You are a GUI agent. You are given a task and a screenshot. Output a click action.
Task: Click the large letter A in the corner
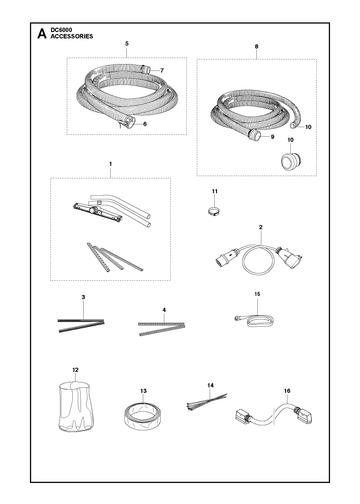(42, 33)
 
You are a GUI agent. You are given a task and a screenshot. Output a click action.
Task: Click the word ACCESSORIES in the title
(72, 36)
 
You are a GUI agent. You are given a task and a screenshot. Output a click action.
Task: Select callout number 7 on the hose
(162, 70)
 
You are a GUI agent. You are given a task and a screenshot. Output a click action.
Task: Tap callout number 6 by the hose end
(145, 124)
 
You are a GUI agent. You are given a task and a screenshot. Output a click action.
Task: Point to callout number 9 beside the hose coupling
(272, 137)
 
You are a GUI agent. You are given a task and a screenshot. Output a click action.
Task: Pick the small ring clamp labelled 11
(213, 211)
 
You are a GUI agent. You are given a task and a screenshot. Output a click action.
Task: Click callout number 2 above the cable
(261, 227)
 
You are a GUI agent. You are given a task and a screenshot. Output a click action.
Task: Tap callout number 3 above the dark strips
(83, 297)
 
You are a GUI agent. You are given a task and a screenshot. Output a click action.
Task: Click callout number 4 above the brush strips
(164, 310)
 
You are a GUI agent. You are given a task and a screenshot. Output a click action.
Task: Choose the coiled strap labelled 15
(255, 319)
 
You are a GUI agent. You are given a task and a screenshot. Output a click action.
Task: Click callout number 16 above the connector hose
(287, 391)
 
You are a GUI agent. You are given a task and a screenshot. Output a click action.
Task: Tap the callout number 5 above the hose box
(127, 44)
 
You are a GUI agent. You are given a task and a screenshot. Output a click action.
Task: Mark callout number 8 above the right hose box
(256, 47)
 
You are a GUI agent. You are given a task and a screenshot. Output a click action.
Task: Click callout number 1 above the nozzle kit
(110, 164)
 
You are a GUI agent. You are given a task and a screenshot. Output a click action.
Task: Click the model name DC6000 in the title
(59, 30)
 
